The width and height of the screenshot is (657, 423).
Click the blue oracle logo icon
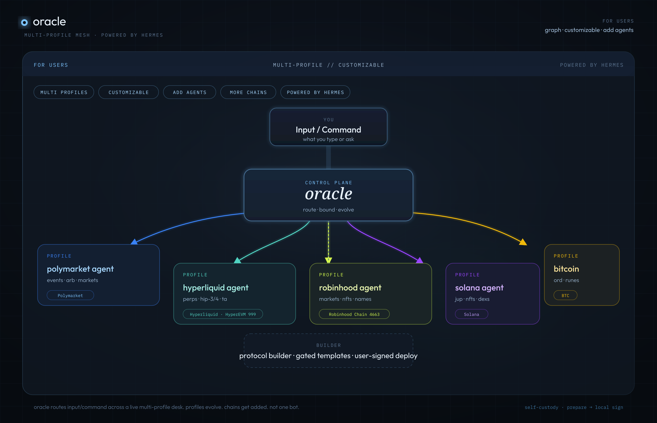(x=24, y=22)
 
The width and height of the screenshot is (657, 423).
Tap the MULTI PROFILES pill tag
(x=64, y=92)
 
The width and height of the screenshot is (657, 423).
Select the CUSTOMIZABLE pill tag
(x=129, y=92)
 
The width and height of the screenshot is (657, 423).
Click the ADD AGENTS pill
(x=190, y=92)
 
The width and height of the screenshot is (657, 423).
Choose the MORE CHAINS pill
(x=248, y=92)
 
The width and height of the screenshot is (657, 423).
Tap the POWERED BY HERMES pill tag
(x=315, y=92)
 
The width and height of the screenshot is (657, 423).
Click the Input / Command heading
(x=328, y=130)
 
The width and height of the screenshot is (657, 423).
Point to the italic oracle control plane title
(x=328, y=194)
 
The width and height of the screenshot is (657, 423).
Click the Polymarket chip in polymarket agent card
(x=70, y=295)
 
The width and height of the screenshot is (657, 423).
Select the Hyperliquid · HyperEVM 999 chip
(x=223, y=314)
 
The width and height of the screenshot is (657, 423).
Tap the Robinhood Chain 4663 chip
(x=354, y=314)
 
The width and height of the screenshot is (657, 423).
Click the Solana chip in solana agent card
(x=472, y=314)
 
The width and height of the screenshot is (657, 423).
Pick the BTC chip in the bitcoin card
(x=565, y=295)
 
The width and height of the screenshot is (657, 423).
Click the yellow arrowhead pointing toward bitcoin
(x=523, y=242)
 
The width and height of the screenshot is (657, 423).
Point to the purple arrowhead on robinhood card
(x=420, y=260)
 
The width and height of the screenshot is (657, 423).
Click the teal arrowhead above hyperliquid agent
(x=237, y=260)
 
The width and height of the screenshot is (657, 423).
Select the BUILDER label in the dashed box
(x=328, y=345)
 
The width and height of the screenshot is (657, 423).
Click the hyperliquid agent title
(x=216, y=288)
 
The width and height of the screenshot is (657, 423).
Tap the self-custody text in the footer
(x=541, y=407)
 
